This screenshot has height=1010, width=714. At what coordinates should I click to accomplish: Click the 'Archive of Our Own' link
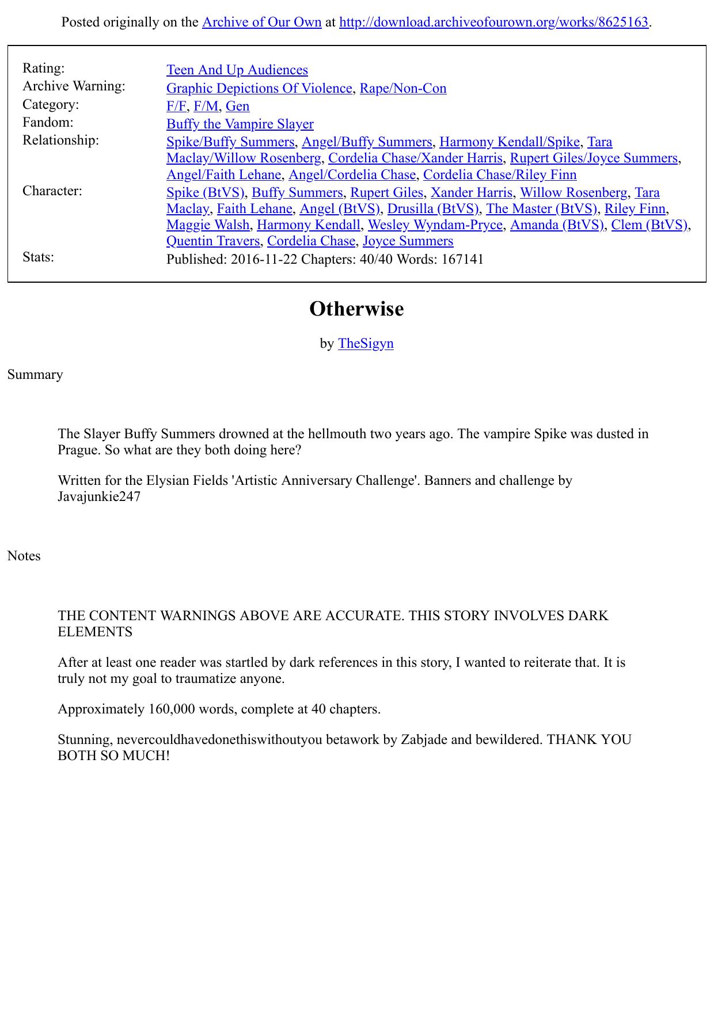pyautogui.click(x=261, y=22)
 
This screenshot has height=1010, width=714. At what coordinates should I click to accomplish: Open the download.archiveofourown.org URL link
pyautogui.click(x=493, y=22)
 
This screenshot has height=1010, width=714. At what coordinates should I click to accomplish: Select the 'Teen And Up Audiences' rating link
pyautogui.click(x=237, y=70)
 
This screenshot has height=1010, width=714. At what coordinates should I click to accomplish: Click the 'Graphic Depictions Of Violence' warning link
pyautogui.click(x=259, y=89)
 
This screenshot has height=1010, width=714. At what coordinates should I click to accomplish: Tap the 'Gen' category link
pyautogui.click(x=237, y=107)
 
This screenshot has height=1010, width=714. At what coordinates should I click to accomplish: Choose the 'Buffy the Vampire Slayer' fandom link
pyautogui.click(x=240, y=124)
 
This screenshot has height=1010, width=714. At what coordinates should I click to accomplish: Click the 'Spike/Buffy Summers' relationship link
pyautogui.click(x=230, y=142)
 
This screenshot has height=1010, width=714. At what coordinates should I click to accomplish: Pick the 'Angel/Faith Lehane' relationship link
pyautogui.click(x=223, y=175)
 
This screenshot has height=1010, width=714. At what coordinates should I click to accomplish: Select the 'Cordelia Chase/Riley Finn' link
pyautogui.click(x=499, y=175)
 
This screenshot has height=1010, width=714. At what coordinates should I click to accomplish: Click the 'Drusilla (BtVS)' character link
pyautogui.click(x=432, y=208)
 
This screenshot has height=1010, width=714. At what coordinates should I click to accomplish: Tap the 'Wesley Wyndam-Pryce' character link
pyautogui.click(x=435, y=225)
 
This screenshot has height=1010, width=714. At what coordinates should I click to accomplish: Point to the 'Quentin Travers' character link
pyautogui.click(x=212, y=241)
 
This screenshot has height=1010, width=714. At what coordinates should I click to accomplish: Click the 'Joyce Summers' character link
pyautogui.click(x=408, y=241)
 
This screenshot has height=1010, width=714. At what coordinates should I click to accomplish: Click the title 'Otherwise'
pyautogui.click(x=356, y=309)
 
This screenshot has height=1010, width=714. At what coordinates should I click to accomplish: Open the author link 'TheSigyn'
pyautogui.click(x=366, y=344)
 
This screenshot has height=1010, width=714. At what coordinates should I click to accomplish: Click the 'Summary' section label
pyautogui.click(x=35, y=375)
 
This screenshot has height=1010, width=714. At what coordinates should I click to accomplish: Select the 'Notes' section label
pyautogui.click(x=24, y=556)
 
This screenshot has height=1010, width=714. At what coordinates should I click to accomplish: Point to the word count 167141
pyautogui.click(x=462, y=260)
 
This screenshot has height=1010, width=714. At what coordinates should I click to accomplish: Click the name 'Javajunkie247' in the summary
pyautogui.click(x=99, y=497)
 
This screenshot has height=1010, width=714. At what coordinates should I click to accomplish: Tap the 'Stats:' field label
pyautogui.click(x=38, y=257)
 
